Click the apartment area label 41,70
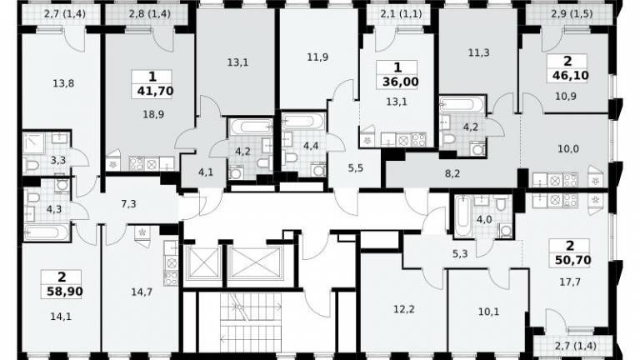[155, 91]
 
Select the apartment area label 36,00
[400, 82]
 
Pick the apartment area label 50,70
[573, 260]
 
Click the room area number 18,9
[153, 115]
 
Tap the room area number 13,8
[63, 83]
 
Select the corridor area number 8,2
[452, 173]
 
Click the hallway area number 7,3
[128, 204]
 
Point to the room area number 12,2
[404, 309]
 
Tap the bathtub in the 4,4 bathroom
[303, 121]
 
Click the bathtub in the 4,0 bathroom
[462, 216]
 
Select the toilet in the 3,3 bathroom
[32, 165]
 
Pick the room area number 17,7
[570, 282]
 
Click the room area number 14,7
[142, 292]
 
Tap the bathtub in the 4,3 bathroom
[46, 232]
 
